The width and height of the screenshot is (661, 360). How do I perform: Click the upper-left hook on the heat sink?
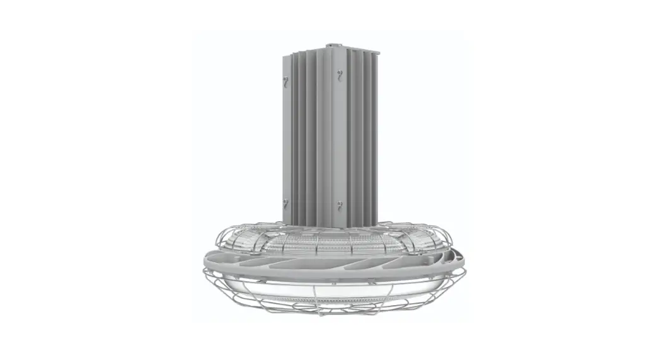285,81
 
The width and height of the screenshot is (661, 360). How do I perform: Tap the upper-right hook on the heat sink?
341,76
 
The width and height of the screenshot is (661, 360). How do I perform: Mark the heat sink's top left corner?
284,56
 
